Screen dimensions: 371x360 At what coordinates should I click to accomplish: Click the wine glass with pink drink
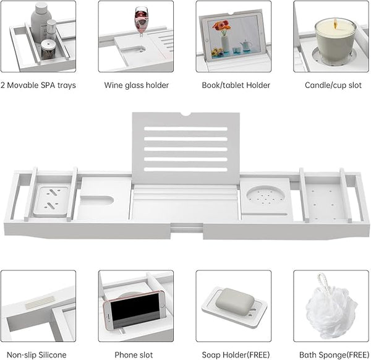(x=141, y=21)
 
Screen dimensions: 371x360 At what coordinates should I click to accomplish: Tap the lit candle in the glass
(x=335, y=41)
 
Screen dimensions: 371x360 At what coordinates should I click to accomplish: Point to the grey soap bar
(x=235, y=299)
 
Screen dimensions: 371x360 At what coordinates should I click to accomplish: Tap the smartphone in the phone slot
(x=134, y=310)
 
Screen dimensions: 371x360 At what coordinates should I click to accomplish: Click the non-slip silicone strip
(x=40, y=302)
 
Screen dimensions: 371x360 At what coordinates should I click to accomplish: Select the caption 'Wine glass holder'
(x=137, y=85)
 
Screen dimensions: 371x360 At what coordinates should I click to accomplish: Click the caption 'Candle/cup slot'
(x=333, y=85)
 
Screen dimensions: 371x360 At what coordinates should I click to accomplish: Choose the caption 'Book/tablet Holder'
(x=236, y=85)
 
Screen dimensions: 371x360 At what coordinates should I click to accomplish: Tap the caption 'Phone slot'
(x=134, y=355)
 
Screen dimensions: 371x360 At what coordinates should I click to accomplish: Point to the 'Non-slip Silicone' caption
(x=36, y=355)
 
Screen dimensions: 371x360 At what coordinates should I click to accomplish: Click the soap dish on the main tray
(x=51, y=201)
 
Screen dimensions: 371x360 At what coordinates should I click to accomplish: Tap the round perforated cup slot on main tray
(x=266, y=196)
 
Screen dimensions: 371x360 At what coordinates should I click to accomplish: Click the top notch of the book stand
(x=186, y=114)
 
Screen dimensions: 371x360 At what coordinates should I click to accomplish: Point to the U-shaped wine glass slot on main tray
(x=98, y=200)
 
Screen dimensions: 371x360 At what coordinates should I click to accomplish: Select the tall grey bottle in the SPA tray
(x=41, y=22)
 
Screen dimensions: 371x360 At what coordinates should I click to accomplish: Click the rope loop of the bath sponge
(x=323, y=282)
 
